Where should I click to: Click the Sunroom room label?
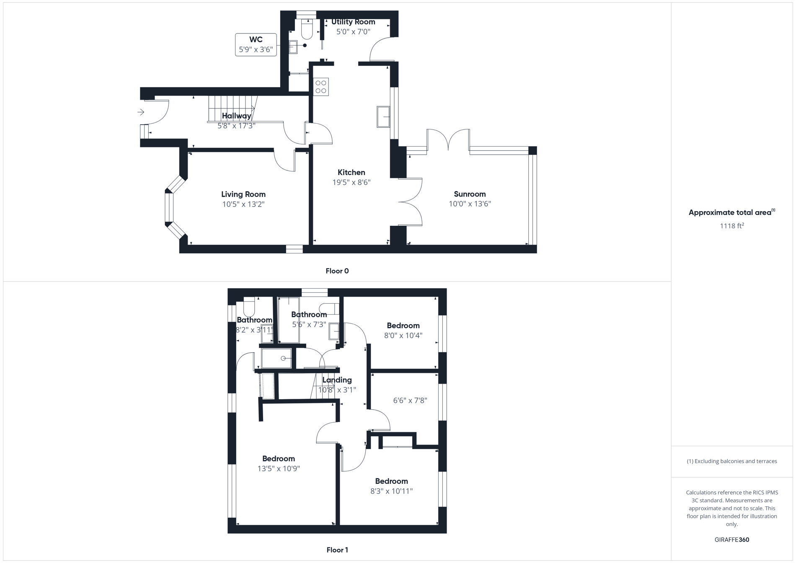(x=470, y=194)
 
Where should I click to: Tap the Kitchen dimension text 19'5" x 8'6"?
(x=351, y=182)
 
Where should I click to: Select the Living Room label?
(x=243, y=194)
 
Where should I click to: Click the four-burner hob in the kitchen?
(x=321, y=87)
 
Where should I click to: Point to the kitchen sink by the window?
(x=383, y=116)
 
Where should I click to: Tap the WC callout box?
(x=256, y=45)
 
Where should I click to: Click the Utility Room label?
(x=353, y=22)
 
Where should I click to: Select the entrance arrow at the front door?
(x=141, y=112)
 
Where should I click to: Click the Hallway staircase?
(x=232, y=108)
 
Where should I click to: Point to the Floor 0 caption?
(x=337, y=271)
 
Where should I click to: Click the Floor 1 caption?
(x=337, y=550)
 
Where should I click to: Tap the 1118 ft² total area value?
(x=731, y=226)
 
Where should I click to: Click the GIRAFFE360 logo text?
(x=731, y=540)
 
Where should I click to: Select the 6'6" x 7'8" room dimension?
(x=410, y=400)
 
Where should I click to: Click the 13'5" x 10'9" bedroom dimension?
(x=279, y=469)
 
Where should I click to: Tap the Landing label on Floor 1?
(x=337, y=380)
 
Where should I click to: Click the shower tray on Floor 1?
(x=276, y=358)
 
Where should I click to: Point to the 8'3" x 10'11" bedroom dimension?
(x=391, y=491)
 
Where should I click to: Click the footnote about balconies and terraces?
(x=731, y=461)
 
